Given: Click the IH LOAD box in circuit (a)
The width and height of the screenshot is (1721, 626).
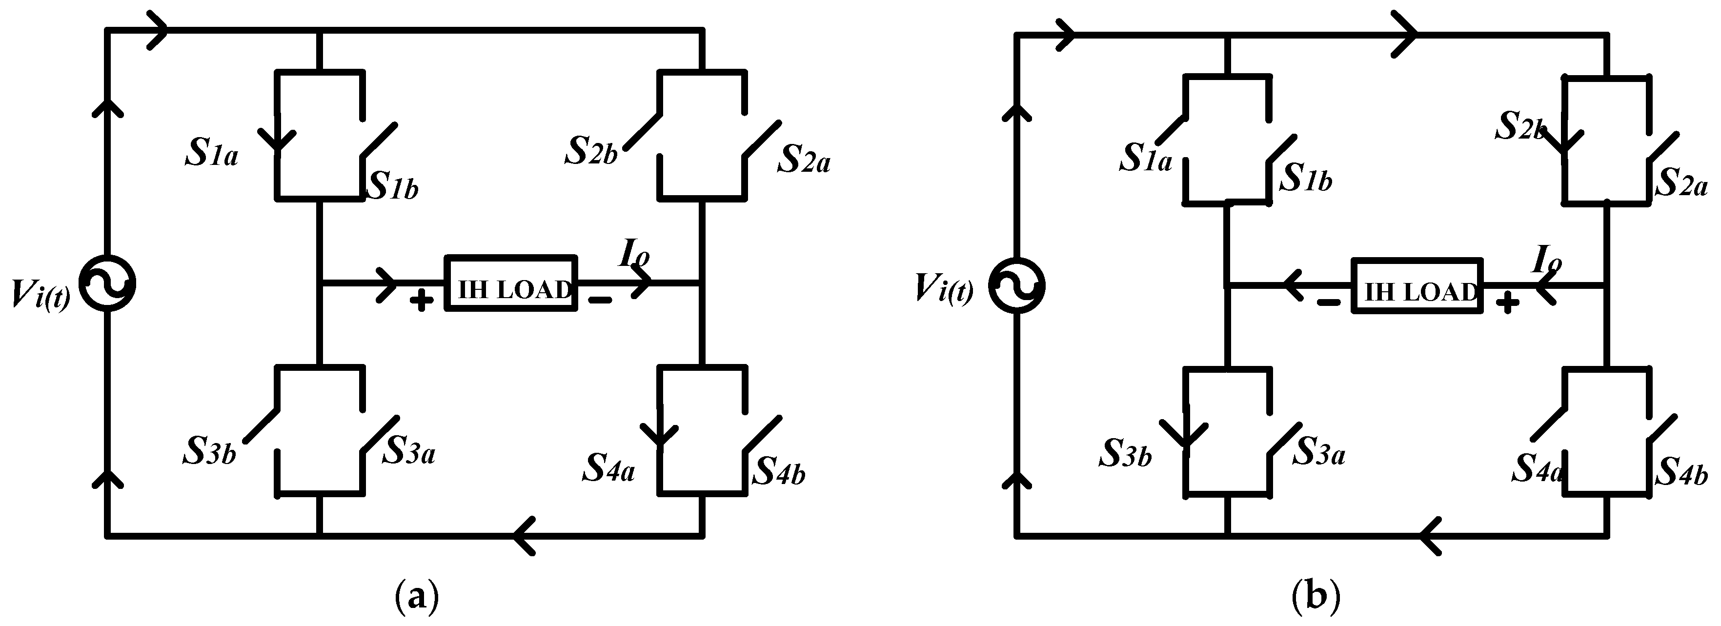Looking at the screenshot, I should [510, 283].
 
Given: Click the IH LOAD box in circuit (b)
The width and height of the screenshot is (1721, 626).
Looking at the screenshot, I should [1417, 286].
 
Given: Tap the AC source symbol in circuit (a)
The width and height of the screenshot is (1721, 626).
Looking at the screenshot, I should [107, 283].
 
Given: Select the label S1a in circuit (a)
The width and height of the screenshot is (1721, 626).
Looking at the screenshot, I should [211, 154].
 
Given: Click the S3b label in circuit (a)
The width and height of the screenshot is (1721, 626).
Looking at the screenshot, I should [209, 452].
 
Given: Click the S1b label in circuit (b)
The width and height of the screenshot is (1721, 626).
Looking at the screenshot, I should [1305, 179].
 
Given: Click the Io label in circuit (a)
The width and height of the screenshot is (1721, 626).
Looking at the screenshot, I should [634, 255].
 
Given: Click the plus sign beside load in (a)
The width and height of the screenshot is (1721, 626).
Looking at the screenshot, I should [421, 302].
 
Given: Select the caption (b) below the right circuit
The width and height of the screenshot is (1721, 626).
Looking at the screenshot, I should [1316, 597].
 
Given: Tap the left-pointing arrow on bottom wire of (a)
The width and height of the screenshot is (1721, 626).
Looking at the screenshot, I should [525, 535].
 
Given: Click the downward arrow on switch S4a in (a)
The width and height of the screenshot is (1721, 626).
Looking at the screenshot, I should [659, 434].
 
